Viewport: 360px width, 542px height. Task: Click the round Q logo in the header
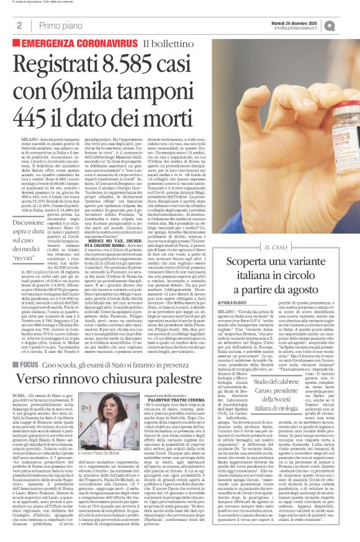[x=346, y=24]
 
